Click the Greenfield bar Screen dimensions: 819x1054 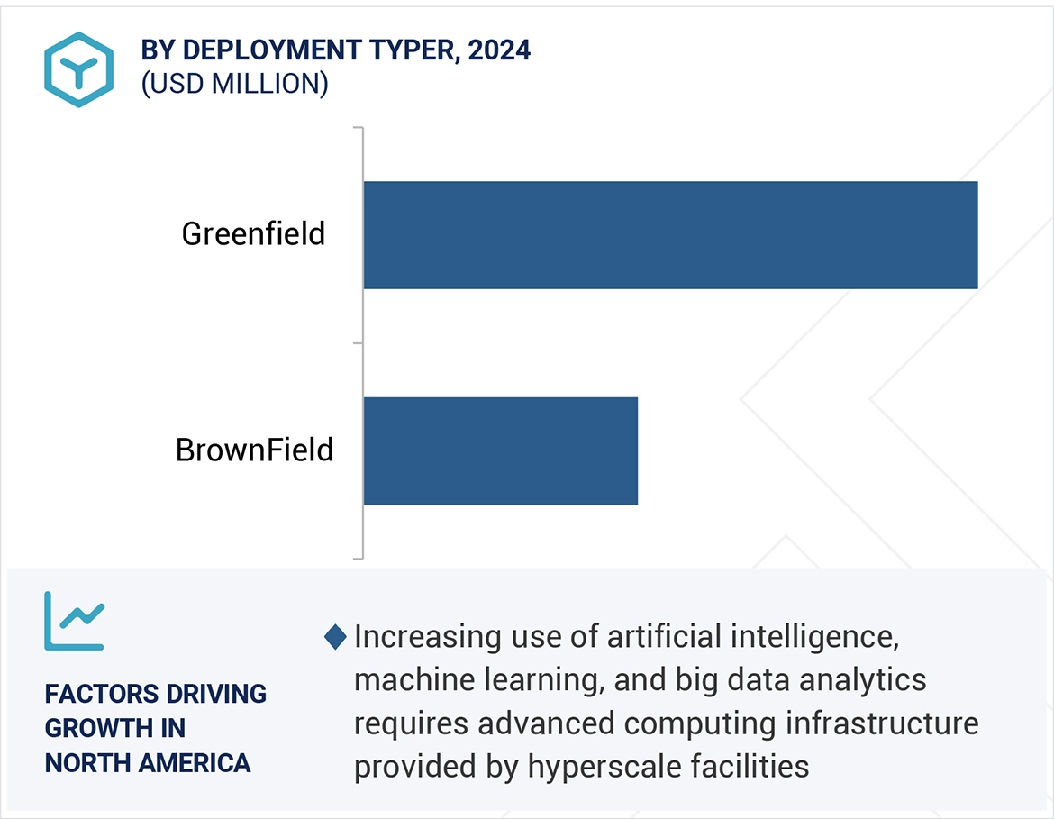pos(670,235)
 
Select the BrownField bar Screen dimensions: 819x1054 pos(500,450)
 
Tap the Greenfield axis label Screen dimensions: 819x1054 pos(253,234)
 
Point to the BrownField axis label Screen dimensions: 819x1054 pos(254,450)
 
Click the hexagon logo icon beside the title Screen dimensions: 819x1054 pos(78,69)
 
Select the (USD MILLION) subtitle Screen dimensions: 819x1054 pos(234,84)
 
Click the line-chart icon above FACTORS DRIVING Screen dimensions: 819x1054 pos(75,621)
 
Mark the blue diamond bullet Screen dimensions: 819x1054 pos(335,637)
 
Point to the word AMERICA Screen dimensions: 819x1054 pos(196,763)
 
